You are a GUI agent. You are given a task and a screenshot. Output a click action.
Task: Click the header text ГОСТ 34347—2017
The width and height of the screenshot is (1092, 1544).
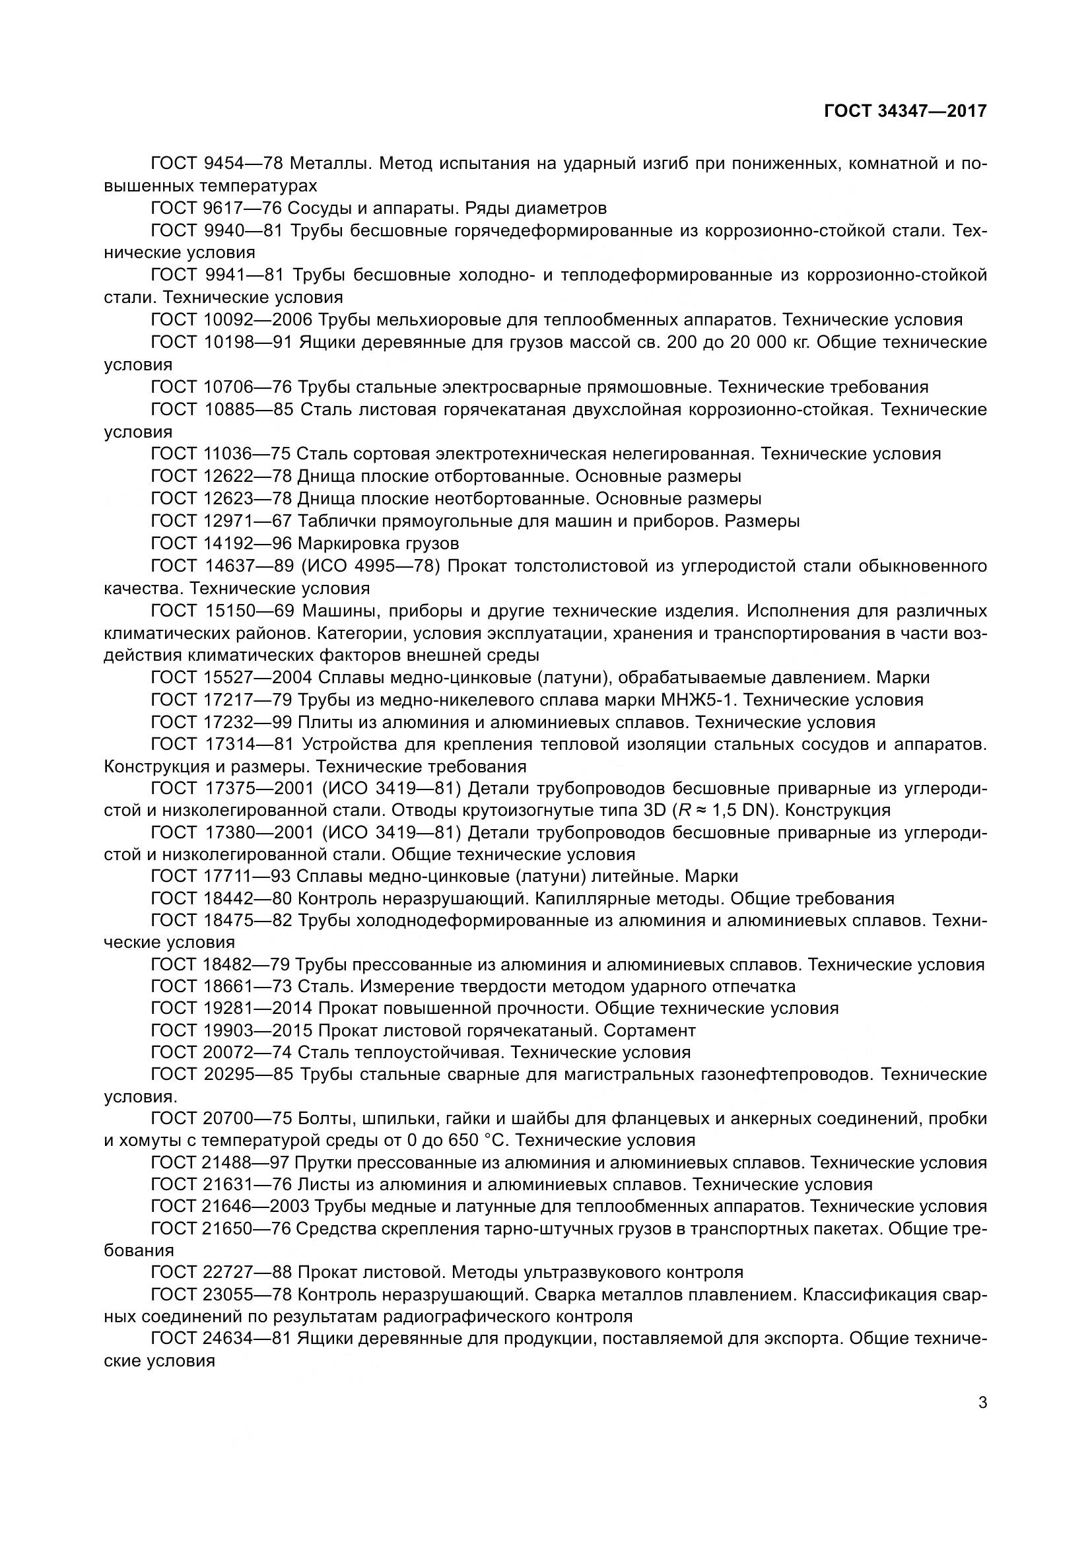[x=905, y=111]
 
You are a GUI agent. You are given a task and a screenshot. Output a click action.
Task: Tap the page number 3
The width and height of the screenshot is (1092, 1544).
[x=982, y=1402]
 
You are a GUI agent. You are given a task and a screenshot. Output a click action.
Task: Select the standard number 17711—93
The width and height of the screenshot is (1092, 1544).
[x=246, y=876]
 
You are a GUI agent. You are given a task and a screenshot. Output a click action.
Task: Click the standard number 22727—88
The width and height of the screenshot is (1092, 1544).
[x=247, y=1272]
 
